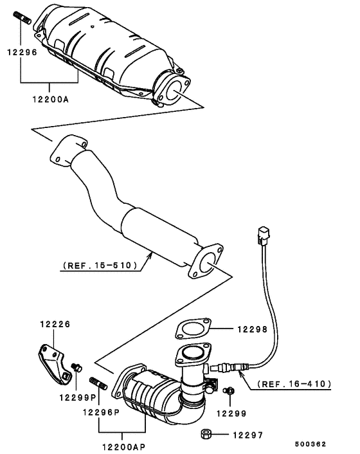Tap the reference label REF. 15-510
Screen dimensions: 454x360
tap(99, 264)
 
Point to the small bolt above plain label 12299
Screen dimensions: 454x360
tap(227, 390)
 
